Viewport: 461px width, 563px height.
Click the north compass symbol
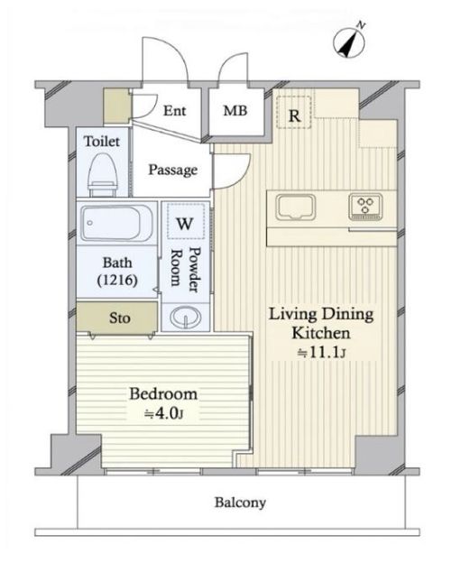point(349,42)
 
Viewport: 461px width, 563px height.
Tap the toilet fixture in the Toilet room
point(103,174)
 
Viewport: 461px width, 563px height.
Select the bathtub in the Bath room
point(115,223)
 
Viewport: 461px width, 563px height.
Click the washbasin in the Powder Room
point(185,318)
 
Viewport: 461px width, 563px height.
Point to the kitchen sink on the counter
point(295,208)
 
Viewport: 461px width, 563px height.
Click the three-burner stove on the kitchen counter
point(365,208)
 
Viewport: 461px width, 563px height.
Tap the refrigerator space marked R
point(294,112)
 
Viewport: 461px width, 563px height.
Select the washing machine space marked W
point(185,221)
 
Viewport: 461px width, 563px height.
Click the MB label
point(235,111)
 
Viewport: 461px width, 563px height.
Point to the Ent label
point(174,111)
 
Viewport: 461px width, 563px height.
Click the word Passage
point(173,170)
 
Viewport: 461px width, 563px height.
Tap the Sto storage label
point(120,318)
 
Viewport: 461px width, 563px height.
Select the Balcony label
point(240,503)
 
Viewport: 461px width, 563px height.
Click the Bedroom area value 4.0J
point(163,414)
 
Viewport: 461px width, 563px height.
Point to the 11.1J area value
point(321,353)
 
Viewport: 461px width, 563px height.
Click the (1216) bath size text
point(117,280)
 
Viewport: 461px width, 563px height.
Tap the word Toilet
point(102,141)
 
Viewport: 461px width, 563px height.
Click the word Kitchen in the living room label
point(321,333)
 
